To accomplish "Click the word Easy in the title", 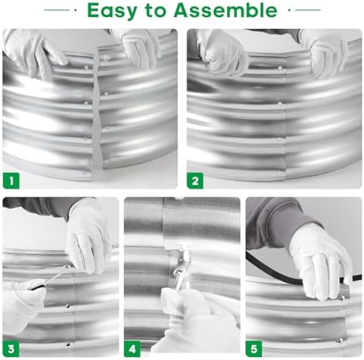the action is pyautogui.click(x=112, y=11).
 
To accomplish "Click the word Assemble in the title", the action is pyautogui.click(x=225, y=10).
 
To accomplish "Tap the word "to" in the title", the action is pyautogui.click(x=155, y=10).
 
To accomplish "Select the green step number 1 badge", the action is pyautogui.click(x=11, y=181).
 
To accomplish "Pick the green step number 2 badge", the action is pyautogui.click(x=195, y=181).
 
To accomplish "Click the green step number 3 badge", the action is pyautogui.click(x=11, y=349).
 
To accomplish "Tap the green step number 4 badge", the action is pyautogui.click(x=132, y=349).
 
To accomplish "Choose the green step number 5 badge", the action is pyautogui.click(x=254, y=349).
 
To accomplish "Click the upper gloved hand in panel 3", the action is pyautogui.click(x=88, y=238).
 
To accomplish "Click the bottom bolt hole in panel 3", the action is pyautogui.click(x=68, y=344).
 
